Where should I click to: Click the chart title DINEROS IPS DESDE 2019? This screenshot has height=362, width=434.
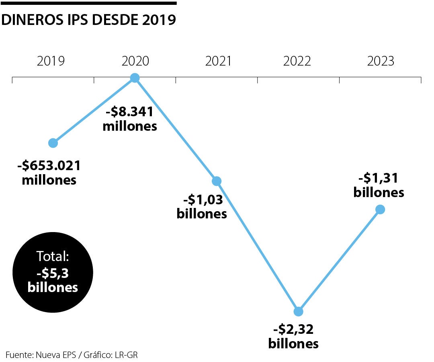tap(89, 19)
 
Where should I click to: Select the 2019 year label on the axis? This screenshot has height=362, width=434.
tap(51, 61)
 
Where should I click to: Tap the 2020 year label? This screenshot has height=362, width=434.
tap(135, 61)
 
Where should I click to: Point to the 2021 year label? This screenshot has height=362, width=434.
tap(218, 61)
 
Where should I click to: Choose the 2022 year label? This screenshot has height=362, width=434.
tap(297, 61)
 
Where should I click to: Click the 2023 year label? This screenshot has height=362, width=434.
tap(381, 61)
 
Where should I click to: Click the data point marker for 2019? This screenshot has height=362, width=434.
tap(53, 143)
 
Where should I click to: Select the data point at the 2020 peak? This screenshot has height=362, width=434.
tap(135, 78)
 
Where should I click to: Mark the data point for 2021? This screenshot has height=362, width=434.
tap(217, 181)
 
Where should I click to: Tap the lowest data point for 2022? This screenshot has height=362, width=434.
tap(298, 311)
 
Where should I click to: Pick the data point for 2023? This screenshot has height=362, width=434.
tap(380, 209)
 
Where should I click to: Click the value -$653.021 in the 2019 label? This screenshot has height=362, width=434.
tap(49, 165)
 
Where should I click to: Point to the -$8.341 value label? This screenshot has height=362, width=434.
tap(129, 112)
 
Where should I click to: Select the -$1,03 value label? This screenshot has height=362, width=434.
tap(203, 199)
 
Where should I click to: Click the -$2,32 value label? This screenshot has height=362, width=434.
tap(293, 329)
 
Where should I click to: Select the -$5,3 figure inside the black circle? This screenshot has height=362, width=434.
tap(52, 274)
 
